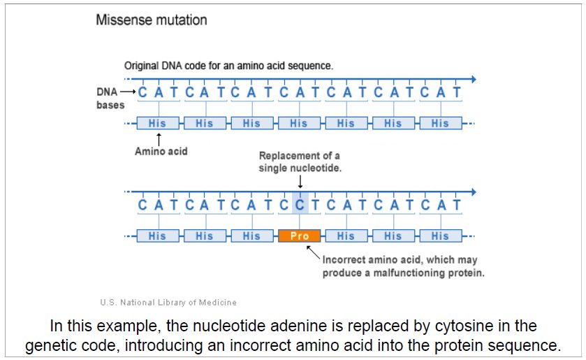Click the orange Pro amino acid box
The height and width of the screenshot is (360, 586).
(x=299, y=236)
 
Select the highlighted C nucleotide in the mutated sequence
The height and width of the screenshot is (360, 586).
(x=299, y=206)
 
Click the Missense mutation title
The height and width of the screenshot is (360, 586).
(x=152, y=20)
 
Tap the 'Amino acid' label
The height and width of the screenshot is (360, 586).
(x=161, y=152)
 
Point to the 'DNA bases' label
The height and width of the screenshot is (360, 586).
(x=110, y=99)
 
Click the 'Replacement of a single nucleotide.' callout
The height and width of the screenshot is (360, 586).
(x=300, y=162)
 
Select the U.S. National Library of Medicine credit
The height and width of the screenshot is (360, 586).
(x=168, y=303)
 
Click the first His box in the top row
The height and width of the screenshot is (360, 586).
(x=157, y=123)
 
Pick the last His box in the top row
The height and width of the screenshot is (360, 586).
(x=440, y=123)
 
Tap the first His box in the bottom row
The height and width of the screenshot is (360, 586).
(x=157, y=236)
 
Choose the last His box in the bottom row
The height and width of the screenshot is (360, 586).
(x=440, y=236)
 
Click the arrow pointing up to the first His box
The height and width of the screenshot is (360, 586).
(x=159, y=138)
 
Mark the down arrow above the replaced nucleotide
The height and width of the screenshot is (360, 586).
(x=300, y=182)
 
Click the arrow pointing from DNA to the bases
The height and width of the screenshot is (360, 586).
(x=129, y=92)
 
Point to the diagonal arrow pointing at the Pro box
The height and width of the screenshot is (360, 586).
(x=314, y=252)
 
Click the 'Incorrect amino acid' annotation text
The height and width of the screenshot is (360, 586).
(x=403, y=260)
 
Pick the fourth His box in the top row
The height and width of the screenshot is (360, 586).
(x=299, y=123)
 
